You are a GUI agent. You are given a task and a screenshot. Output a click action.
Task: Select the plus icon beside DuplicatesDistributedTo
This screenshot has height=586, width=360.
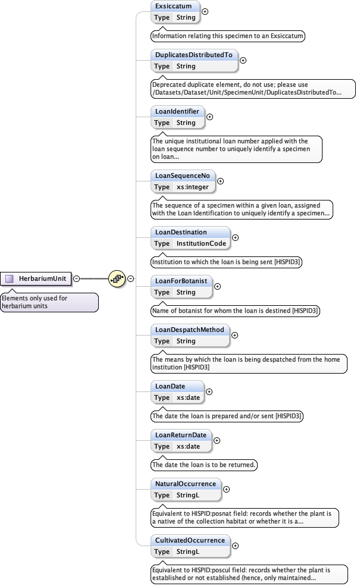243,60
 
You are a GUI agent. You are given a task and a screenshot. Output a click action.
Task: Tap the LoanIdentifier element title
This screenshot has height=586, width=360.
177,111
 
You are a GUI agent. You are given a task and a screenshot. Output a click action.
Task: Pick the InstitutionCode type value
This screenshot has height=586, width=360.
201,243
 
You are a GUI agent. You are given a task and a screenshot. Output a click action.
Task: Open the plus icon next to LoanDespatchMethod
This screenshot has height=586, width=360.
234,335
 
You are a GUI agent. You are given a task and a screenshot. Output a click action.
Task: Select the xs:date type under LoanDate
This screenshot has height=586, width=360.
189,397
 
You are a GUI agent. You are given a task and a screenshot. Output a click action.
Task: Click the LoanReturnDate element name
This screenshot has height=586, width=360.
181,435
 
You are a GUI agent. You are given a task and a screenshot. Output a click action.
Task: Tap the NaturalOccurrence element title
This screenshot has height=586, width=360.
185,484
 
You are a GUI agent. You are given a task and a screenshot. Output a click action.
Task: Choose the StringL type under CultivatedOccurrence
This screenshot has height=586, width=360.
188,551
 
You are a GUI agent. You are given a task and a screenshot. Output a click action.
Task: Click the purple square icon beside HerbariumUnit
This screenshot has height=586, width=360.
10,278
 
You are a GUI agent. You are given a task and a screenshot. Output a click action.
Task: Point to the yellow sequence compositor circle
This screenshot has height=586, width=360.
117,278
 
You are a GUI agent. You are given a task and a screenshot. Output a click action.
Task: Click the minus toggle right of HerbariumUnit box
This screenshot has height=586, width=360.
77,278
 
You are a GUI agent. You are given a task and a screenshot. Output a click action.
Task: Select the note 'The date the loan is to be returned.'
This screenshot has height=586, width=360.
204,465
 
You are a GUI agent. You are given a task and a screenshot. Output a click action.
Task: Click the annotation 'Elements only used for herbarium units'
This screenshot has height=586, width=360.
49,302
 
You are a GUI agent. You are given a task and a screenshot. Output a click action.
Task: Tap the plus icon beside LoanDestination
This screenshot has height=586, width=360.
235,237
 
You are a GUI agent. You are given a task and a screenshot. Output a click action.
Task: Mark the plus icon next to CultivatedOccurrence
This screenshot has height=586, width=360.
236,546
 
